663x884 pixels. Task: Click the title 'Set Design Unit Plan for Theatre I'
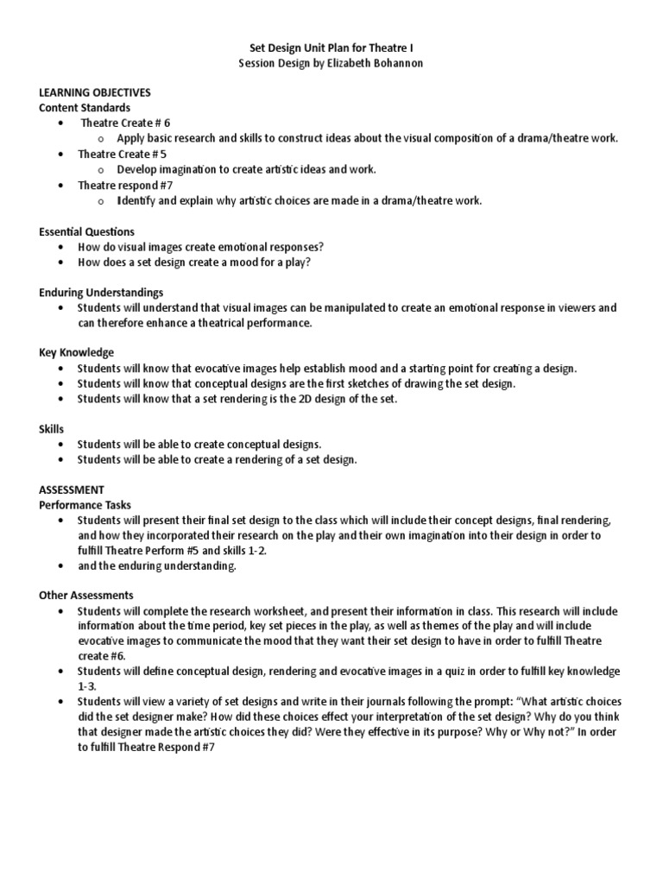click(x=331, y=49)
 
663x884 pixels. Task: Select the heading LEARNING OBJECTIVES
click(x=95, y=92)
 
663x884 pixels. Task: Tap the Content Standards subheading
click(x=85, y=108)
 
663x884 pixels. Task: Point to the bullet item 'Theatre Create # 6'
click(x=125, y=123)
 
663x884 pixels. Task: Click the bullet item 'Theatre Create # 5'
click(x=123, y=155)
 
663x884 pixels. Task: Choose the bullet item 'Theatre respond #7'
click(x=123, y=186)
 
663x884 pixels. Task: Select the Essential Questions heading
click(x=86, y=231)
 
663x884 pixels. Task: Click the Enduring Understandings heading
click(x=101, y=293)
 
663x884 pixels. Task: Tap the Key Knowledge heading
click(x=76, y=352)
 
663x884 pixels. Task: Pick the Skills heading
click(x=52, y=428)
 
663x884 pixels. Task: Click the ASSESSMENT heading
click(x=72, y=489)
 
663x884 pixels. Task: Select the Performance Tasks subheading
click(x=85, y=505)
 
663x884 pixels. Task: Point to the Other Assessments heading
click(x=86, y=595)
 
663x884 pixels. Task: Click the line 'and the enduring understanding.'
click(x=156, y=566)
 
